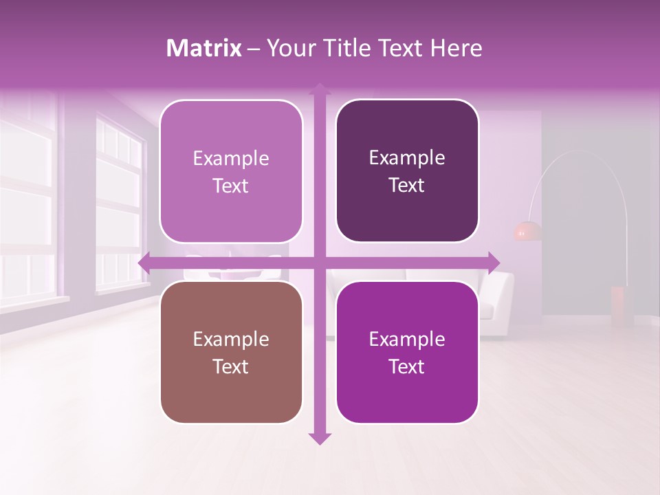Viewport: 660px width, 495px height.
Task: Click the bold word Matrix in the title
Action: [204, 48]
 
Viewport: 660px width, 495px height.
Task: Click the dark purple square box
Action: [407, 171]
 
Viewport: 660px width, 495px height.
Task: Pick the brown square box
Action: [231, 353]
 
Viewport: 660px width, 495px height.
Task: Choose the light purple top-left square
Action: [231, 171]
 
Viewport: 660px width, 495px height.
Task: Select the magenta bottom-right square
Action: [407, 353]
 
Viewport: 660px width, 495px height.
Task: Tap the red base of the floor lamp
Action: [618, 306]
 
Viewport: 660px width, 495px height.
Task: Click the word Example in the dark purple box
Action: [407, 158]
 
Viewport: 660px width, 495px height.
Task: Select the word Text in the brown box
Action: [231, 366]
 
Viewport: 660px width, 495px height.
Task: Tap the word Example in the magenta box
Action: [407, 340]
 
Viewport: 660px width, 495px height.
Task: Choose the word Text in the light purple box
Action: [231, 186]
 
